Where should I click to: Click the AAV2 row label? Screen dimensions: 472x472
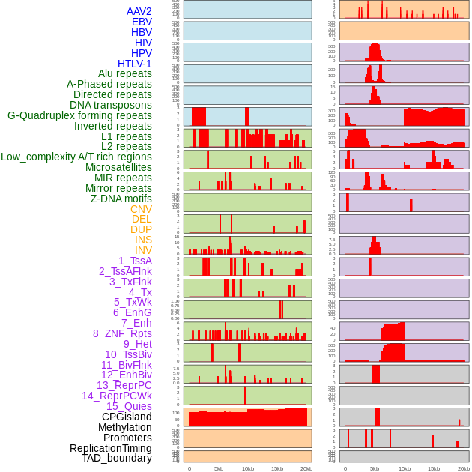[x=139, y=11]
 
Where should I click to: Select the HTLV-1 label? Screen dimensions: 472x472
[x=134, y=64]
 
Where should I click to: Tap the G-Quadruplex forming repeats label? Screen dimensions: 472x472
[x=79, y=115]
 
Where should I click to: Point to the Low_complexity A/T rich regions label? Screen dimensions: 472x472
[x=76, y=157]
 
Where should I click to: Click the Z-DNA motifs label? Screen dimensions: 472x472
[x=121, y=199]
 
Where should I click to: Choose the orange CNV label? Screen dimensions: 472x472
[x=141, y=209]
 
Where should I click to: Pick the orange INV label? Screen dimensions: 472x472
[x=143, y=250]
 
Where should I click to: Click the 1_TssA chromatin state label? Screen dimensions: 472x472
[x=135, y=261]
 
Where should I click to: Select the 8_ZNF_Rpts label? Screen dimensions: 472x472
[x=122, y=333]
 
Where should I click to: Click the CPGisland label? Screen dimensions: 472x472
[x=127, y=417]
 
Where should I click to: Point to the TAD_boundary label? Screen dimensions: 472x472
[x=117, y=458]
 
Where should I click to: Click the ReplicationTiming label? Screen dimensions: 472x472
[x=110, y=448]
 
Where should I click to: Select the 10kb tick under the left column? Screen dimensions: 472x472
[x=247, y=468]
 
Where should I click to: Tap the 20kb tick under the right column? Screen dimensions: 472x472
[x=464, y=468]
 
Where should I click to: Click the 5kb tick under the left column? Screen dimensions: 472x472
[x=219, y=468]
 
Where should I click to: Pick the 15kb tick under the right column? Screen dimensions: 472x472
[x=434, y=468]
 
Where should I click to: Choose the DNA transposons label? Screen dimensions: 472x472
[x=111, y=105]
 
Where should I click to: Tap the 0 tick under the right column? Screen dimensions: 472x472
[x=345, y=468]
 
